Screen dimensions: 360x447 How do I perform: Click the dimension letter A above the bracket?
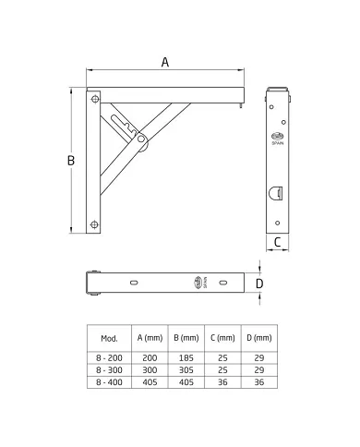click(165, 62)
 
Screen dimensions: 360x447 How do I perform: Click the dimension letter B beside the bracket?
click(71, 161)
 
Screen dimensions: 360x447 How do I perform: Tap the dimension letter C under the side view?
click(277, 242)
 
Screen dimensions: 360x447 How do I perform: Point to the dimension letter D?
click(259, 284)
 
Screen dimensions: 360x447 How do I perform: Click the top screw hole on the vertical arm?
click(95, 99)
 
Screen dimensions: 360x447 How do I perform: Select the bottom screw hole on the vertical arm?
click(94, 224)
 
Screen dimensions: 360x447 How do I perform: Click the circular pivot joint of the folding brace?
click(141, 139)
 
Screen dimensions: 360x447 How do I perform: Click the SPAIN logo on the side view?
click(278, 138)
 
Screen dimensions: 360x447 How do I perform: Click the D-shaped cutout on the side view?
click(275, 193)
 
